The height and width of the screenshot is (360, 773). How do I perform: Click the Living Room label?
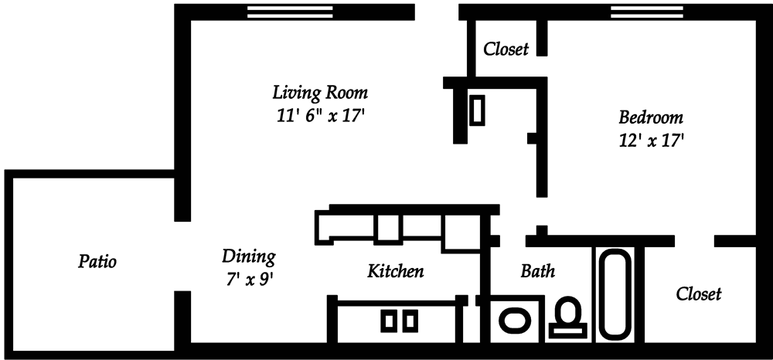320,93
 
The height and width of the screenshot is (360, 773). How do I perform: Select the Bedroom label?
651,117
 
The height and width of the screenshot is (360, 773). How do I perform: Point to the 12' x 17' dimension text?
651,141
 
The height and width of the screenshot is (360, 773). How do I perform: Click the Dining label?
248,256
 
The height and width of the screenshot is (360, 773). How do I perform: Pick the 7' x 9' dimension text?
248,279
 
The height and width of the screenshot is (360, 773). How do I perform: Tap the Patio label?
97,261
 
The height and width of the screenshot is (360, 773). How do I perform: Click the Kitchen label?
395,271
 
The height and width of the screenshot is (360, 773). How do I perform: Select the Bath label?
538,270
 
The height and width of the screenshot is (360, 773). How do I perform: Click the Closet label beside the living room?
506,49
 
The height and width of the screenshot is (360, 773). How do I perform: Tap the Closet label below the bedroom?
699,294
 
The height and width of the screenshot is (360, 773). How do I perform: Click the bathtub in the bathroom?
615,294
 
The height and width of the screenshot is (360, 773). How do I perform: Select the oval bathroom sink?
515,320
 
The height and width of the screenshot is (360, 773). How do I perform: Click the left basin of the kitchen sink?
389,321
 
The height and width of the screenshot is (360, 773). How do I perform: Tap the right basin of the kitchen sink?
410,321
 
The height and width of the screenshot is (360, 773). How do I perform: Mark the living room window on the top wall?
289,12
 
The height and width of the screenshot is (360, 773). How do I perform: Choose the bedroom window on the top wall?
647,12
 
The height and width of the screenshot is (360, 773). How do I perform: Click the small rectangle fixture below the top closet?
477,110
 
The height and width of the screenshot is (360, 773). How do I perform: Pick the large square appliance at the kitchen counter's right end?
461,233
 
